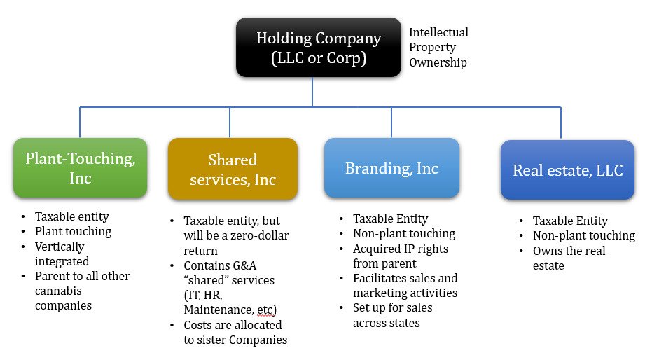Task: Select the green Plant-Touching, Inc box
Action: coord(81,168)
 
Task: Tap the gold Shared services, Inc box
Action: coord(233,169)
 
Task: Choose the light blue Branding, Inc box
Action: coord(391,168)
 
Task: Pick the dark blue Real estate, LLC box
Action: coord(567,170)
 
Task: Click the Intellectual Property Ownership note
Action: coord(438,48)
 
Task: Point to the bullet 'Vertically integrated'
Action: coord(62,254)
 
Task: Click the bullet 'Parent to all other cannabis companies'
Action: coord(82,291)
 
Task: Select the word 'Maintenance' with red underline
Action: coord(214,310)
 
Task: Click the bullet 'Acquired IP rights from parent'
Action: coord(401,256)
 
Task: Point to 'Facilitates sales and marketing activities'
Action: coord(405,286)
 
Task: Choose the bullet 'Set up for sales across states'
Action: coord(392,315)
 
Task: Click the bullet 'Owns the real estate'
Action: coord(569,258)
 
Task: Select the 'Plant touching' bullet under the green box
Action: coord(73,231)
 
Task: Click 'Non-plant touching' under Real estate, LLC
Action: coord(583,236)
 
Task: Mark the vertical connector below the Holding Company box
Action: coord(312,91)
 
